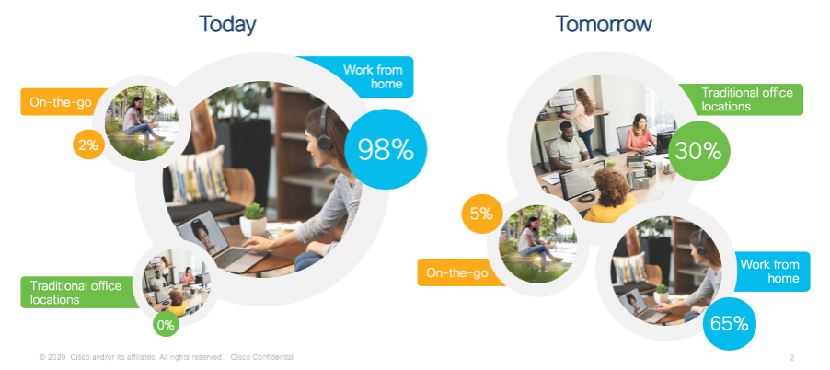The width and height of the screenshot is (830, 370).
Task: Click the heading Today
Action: click(227, 24)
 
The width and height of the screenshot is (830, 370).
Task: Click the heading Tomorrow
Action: click(604, 24)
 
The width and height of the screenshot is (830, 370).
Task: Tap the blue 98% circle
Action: click(386, 149)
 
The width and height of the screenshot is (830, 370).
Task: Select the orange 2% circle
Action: click(88, 144)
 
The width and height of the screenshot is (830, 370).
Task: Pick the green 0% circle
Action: click(166, 325)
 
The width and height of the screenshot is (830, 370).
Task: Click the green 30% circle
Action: click(698, 151)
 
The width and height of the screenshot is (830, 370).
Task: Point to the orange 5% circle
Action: click(481, 214)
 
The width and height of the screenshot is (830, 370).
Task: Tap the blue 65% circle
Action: click(729, 323)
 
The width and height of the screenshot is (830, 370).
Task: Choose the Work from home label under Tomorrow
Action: click(770, 271)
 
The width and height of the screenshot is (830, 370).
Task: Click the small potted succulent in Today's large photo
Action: click(253, 220)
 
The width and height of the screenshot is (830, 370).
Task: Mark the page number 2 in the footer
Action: click(792, 358)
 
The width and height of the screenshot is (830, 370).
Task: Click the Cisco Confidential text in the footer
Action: click(262, 357)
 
